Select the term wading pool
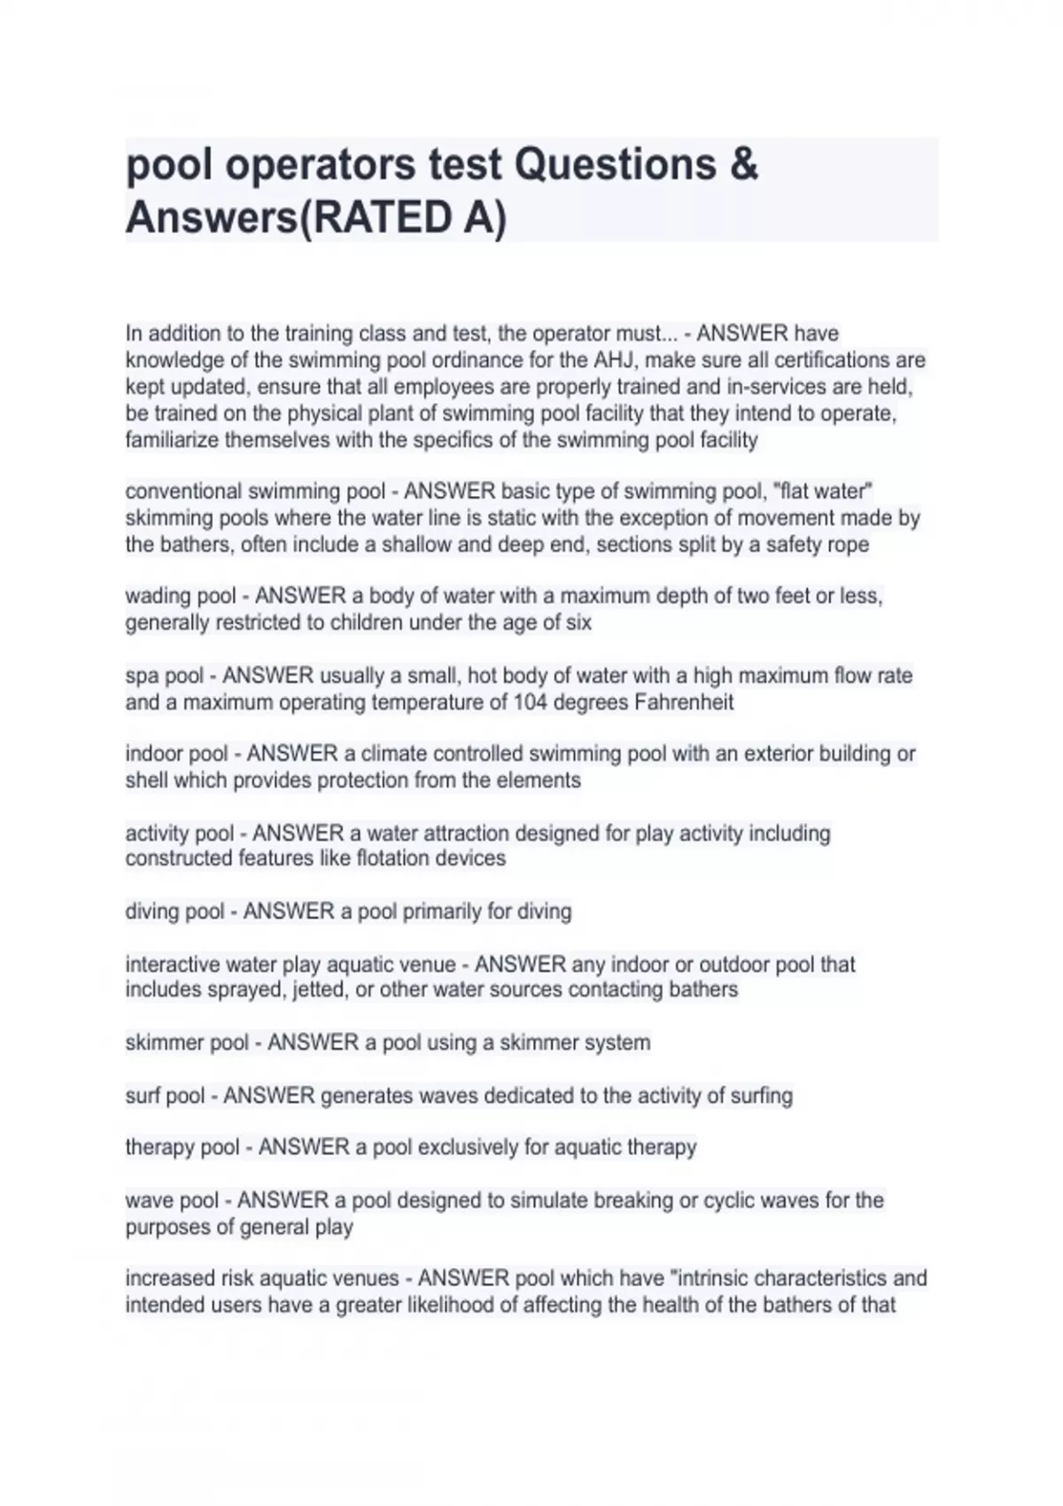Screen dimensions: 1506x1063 [181, 596]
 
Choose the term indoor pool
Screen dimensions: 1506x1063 [176, 754]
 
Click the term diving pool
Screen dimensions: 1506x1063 [175, 912]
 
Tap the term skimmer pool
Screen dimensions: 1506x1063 [187, 1043]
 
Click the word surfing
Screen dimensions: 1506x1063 [761, 1096]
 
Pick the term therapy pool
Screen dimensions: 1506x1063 [182, 1147]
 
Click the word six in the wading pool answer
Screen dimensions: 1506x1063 [578, 623]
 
